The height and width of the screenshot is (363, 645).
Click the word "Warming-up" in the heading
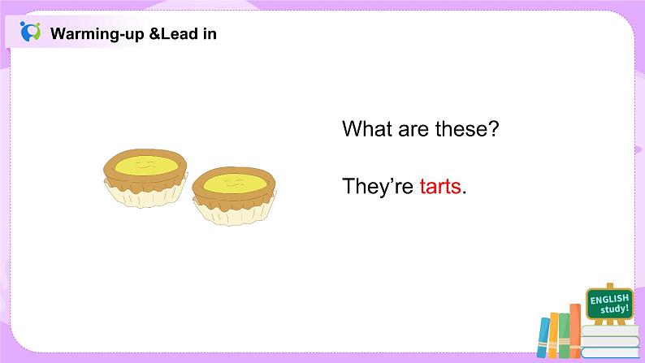point(97,34)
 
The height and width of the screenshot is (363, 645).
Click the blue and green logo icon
point(30,32)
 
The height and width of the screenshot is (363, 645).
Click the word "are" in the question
point(413,130)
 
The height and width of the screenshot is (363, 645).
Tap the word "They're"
point(378,186)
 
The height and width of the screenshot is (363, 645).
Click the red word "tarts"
point(440,187)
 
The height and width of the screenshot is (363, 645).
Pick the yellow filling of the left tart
point(146,166)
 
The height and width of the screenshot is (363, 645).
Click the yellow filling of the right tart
point(235,183)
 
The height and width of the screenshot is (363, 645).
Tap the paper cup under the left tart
point(146,194)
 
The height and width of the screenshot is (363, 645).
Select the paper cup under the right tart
point(235,212)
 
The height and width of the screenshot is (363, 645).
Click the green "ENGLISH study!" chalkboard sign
point(609,304)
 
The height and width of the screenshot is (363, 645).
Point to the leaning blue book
point(543,338)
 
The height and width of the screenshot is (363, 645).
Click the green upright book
point(564,335)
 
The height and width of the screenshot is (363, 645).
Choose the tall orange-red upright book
point(575,331)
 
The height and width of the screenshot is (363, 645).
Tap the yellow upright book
point(554,335)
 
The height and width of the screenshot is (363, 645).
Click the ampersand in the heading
point(154,33)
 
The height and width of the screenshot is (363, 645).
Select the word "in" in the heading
point(210,33)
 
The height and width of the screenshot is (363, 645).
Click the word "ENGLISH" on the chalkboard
point(609,299)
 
